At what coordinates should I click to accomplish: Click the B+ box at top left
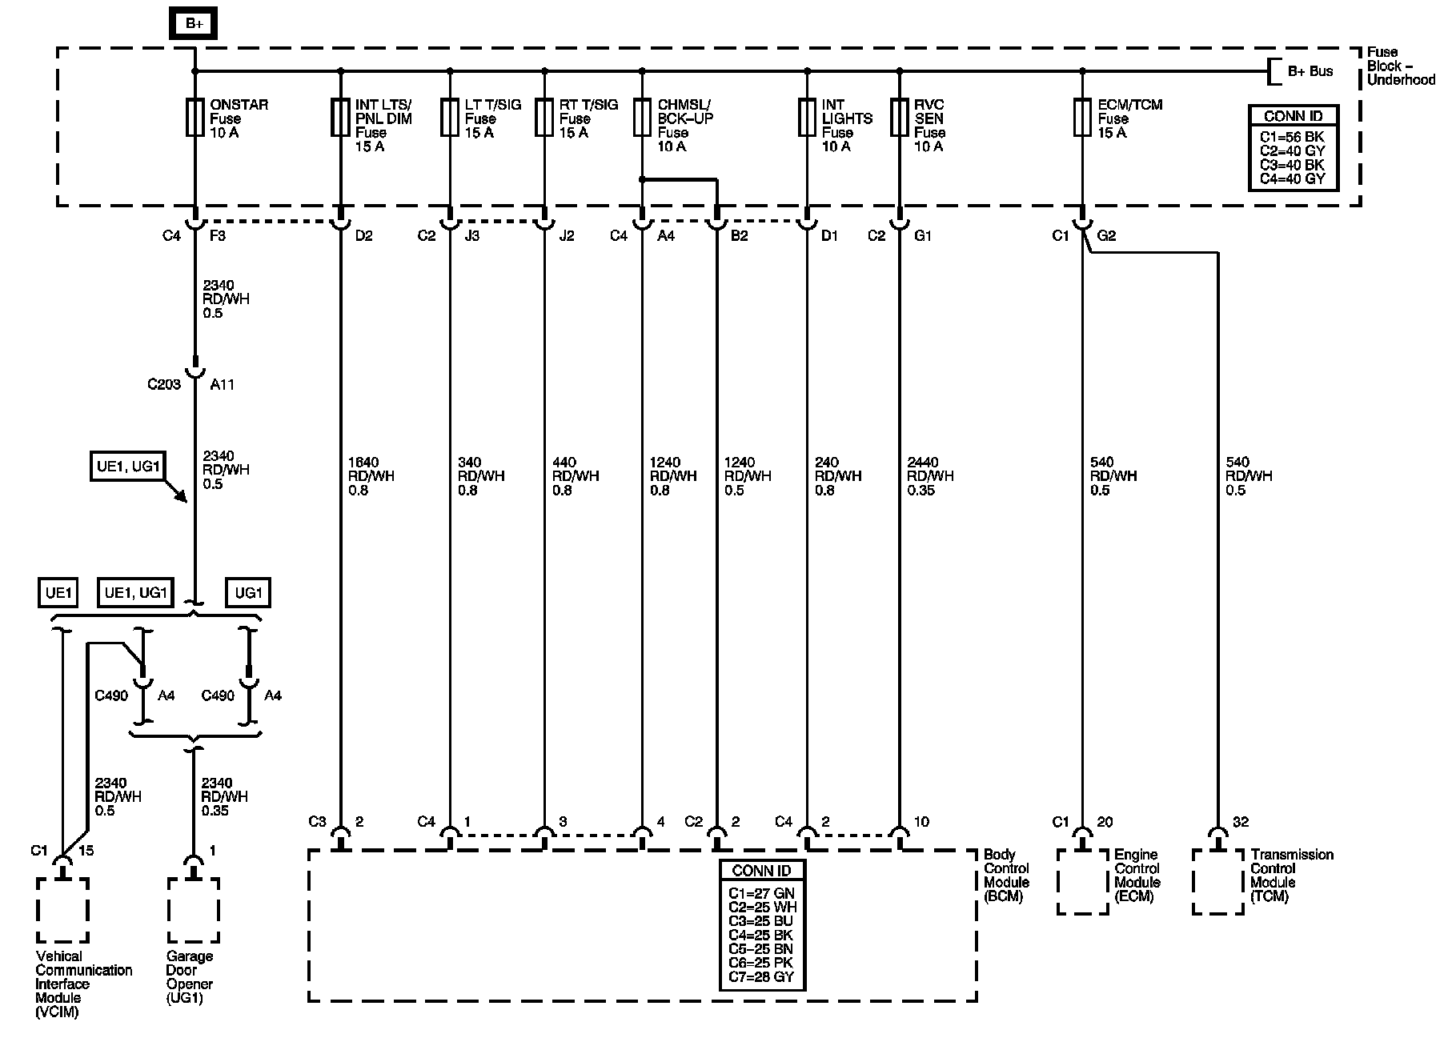coord(194,23)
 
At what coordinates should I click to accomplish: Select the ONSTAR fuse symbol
coord(195,118)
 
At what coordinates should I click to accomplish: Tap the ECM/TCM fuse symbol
coord(1082,118)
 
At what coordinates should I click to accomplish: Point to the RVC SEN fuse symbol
coord(900,118)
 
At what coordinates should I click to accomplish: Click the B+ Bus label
coord(1310,71)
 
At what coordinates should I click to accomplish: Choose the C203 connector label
coord(164,384)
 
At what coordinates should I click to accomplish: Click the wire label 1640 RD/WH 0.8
coord(371,476)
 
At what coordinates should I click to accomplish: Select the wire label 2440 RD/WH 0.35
coord(929,476)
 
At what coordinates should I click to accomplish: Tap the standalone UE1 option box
coord(59,593)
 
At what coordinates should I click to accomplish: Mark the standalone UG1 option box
coord(248,593)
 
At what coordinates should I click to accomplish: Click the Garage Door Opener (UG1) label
coord(190,976)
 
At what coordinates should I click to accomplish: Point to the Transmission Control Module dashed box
coord(1217,882)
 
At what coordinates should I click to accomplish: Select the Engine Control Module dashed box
coord(1082,882)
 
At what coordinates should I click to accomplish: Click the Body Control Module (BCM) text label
coord(1006,876)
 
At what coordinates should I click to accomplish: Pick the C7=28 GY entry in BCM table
coord(761,976)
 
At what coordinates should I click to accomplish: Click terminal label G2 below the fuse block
coord(1106,236)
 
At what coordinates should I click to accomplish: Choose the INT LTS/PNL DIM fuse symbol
coord(341,118)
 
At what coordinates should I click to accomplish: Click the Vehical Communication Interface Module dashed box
coord(62,910)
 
